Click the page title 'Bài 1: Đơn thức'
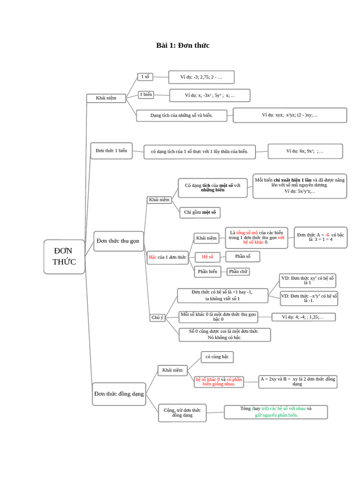pyautogui.click(x=182, y=45)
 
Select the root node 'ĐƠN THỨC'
pyautogui.click(x=64, y=256)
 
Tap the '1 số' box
pyautogui.click(x=145, y=76)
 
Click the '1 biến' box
pyautogui.click(x=146, y=95)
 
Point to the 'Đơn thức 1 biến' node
pyautogui.click(x=111, y=151)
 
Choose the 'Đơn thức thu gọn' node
pyautogui.click(x=118, y=241)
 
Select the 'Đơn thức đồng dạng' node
pyautogui.click(x=119, y=394)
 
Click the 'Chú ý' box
pyautogui.click(x=157, y=317)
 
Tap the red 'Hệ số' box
pyautogui.click(x=207, y=257)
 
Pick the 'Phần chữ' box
pyautogui.click(x=238, y=271)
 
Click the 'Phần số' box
pyautogui.click(x=242, y=256)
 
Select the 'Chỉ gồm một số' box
pyautogui.click(x=200, y=212)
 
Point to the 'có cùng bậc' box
pyautogui.click(x=217, y=357)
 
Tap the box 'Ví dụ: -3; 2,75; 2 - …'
pyautogui.click(x=201, y=77)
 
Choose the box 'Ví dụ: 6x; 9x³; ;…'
pyautogui.click(x=305, y=151)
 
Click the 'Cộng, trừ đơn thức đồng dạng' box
pyautogui.click(x=182, y=412)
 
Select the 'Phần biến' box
pyautogui.click(x=207, y=271)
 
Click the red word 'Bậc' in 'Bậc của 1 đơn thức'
pyautogui.click(x=152, y=257)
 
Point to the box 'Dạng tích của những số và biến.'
pyautogui.click(x=181, y=115)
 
